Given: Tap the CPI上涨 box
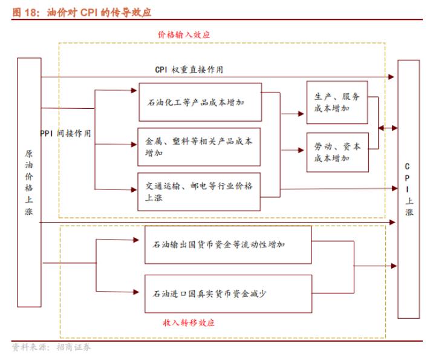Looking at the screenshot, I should [409, 189].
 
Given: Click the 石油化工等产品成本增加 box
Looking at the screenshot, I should [200, 102].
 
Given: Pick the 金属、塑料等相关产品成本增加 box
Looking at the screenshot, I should [200, 147].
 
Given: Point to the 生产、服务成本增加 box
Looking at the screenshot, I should [337, 102].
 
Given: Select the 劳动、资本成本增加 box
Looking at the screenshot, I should [337, 152].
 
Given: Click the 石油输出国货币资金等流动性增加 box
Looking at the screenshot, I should [228, 245].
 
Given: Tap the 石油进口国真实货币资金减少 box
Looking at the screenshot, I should [228, 293].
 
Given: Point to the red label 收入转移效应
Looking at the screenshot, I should [189, 322].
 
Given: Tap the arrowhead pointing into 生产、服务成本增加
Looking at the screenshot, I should [304, 113].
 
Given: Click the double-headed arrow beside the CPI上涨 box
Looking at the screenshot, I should [387, 128].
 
